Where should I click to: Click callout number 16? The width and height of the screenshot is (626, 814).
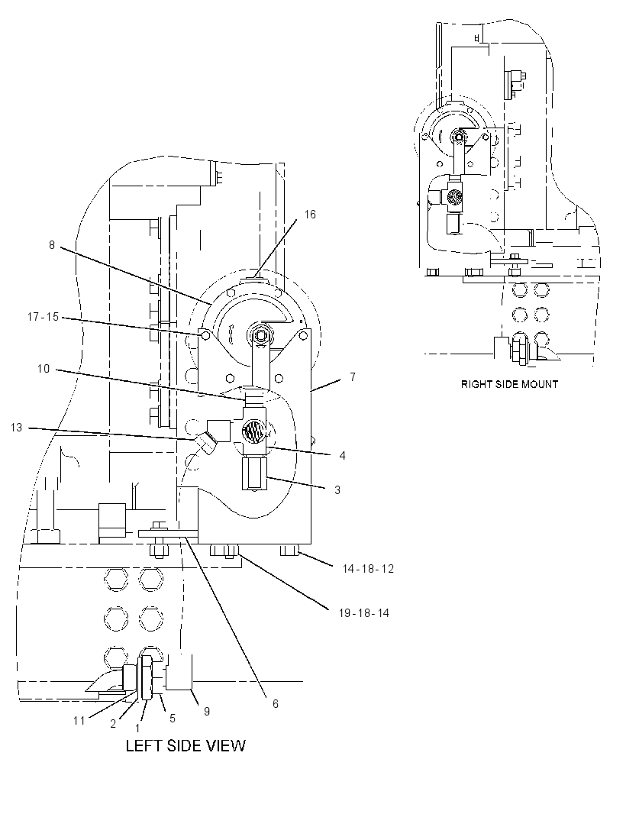310,215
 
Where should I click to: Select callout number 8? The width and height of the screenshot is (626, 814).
52,244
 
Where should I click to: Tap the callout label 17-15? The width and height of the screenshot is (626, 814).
43,316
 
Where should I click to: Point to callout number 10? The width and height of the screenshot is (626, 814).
43,369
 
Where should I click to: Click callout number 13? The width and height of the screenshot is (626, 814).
17,428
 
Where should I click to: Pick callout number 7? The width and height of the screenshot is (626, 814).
353,377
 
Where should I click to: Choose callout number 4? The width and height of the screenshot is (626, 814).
342,456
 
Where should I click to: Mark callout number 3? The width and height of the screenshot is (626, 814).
337,490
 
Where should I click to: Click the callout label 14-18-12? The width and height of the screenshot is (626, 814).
368,568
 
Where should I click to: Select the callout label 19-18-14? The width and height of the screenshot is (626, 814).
363,613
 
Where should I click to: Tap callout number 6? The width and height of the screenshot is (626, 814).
276,703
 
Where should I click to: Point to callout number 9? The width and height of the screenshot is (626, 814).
207,711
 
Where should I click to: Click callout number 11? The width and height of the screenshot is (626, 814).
79,721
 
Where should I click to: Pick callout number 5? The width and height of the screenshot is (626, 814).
173,719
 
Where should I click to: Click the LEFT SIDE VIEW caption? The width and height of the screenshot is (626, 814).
186,746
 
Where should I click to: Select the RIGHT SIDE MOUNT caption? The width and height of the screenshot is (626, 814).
509,384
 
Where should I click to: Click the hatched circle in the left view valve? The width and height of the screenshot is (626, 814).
253,431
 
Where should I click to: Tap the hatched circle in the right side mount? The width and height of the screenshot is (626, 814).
453,197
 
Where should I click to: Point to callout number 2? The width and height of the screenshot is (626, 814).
113,724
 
